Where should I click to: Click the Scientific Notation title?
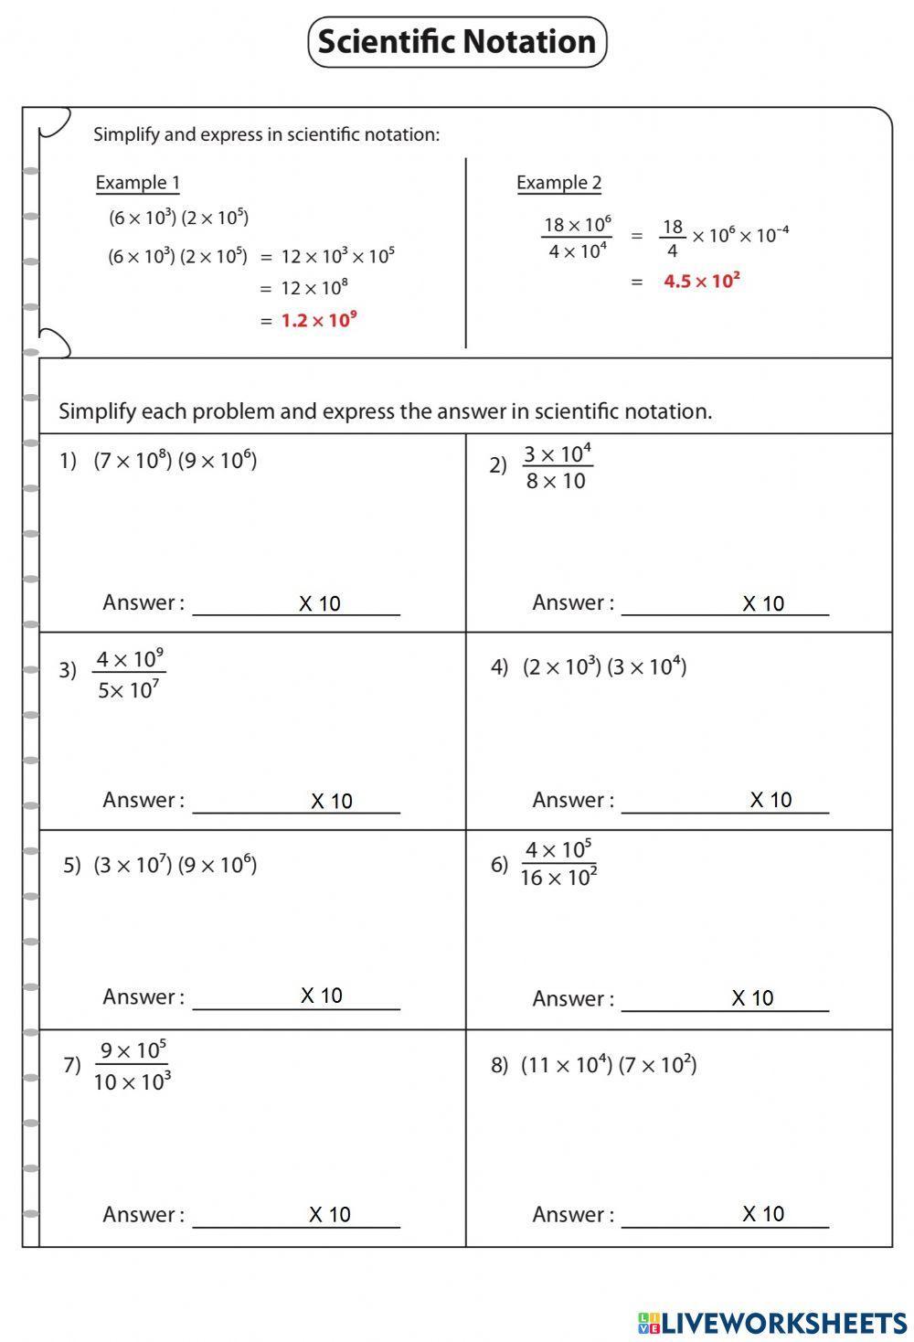pos(457,42)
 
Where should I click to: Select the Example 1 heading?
pos(137,183)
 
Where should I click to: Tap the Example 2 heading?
pos(558,183)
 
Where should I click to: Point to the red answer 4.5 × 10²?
pos(701,281)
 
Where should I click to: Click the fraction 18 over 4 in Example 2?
pos(673,238)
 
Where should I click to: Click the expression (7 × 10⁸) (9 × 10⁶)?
pos(175,460)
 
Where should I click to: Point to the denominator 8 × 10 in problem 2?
pos(556,482)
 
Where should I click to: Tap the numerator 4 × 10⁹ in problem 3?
pos(130,659)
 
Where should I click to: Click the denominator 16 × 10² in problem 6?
pos(558,878)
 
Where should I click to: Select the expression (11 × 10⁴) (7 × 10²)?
pos(609,1065)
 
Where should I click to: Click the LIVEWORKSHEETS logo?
pos(771,1322)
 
